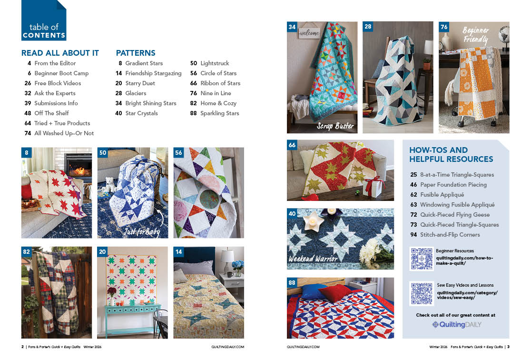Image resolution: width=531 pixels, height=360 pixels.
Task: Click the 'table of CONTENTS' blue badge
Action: click(44, 20)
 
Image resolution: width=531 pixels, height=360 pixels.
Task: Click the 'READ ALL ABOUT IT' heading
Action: click(60, 53)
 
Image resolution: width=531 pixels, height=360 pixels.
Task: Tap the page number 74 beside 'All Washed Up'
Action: click(28, 133)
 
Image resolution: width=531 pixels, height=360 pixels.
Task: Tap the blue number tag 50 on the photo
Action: click(103, 152)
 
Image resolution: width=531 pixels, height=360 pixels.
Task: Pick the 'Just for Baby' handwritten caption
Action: click(142, 231)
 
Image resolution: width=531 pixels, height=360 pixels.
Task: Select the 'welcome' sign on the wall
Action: click(309, 32)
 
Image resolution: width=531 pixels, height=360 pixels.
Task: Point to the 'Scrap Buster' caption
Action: click(335, 126)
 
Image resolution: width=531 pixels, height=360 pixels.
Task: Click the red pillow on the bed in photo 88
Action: click(335, 292)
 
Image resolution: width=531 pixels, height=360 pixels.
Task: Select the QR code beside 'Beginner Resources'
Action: click(421, 259)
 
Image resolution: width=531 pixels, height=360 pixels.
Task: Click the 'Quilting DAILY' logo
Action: click(456, 324)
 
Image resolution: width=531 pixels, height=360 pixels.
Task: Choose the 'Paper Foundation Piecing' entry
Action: click(453, 185)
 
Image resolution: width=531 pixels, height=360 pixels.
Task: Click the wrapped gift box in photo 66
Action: click(373, 187)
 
